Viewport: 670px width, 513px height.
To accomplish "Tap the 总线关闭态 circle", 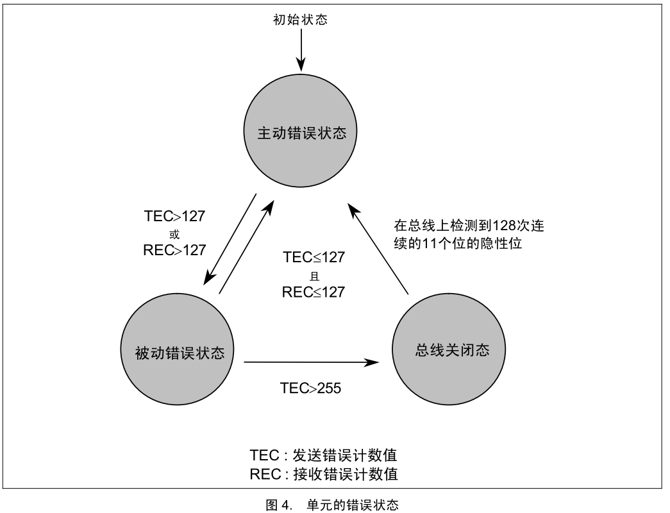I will tap(448, 350).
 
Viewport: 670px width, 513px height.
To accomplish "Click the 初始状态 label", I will tap(301, 20).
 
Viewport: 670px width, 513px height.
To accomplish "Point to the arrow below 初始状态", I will tap(301, 50).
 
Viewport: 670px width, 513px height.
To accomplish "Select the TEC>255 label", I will tap(310, 388).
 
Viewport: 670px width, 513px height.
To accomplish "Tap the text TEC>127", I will tap(174, 216).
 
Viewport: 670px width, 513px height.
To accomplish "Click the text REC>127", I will tap(174, 250).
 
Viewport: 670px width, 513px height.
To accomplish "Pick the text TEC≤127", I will tap(314, 258).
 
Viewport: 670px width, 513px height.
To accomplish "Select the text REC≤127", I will tap(314, 292).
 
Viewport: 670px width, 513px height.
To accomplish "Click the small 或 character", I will tap(174, 233).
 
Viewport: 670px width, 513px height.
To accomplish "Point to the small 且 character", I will tap(314, 275).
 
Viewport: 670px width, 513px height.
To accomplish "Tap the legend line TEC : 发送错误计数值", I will tap(324, 455).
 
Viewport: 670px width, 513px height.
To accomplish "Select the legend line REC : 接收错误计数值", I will tap(324, 474).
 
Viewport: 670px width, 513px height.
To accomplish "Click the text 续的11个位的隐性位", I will tap(458, 244).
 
